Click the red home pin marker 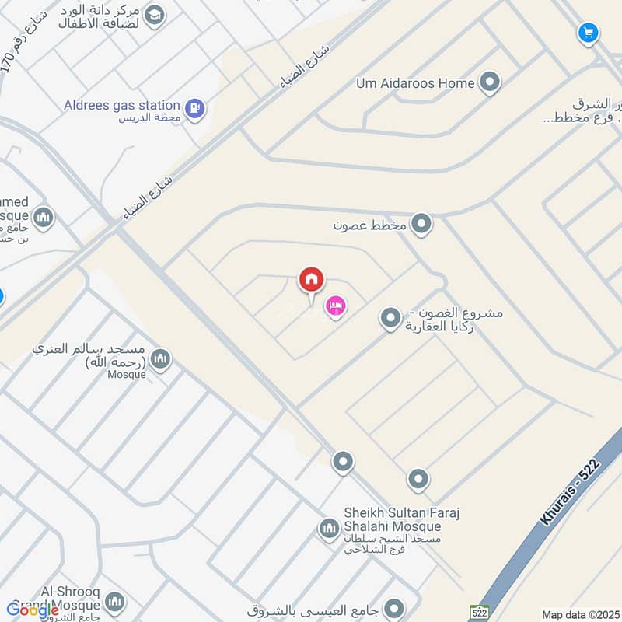point(311,279)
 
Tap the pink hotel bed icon point(336,307)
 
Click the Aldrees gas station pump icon point(195,108)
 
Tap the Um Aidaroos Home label point(415,82)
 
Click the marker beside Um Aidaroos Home point(490,82)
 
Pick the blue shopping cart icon point(588,33)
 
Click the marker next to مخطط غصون point(422,225)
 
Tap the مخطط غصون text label point(370,225)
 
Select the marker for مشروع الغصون point(390,317)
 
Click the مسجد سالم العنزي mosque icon point(160,358)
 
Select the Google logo point(33,610)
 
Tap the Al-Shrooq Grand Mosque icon point(115,602)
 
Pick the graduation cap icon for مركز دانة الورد point(155,15)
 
